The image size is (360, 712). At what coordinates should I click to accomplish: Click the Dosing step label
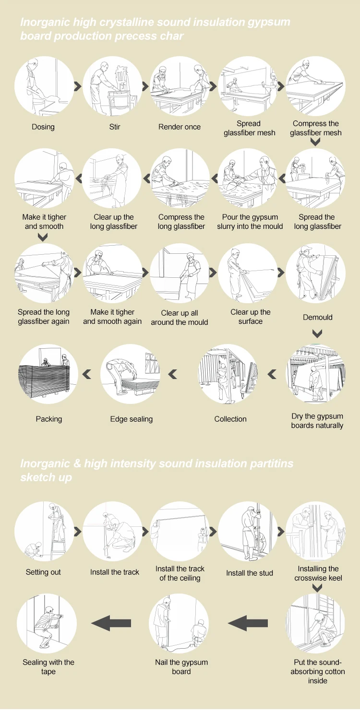[43, 127]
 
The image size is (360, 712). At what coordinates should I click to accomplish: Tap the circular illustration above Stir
[113, 86]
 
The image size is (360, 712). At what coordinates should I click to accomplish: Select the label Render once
[180, 127]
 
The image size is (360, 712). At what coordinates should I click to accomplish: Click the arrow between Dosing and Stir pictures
[77, 86]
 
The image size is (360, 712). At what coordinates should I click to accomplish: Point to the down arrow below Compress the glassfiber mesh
[315, 142]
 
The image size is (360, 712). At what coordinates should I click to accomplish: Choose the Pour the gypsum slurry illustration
[249, 178]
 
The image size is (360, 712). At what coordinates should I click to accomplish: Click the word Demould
[317, 317]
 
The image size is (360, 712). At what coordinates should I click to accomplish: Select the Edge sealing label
[132, 419]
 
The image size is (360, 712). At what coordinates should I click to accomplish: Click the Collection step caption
[230, 419]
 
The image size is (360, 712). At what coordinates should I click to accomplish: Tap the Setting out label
[43, 572]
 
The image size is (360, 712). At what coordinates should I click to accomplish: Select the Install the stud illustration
[249, 531]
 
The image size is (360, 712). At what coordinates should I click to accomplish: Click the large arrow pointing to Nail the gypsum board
[247, 623]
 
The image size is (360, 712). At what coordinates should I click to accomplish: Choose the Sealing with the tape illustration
[47, 623]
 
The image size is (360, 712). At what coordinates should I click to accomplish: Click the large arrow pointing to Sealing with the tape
[111, 623]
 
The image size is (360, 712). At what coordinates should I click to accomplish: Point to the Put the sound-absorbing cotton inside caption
[317, 671]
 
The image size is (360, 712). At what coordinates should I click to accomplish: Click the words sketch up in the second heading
[46, 478]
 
